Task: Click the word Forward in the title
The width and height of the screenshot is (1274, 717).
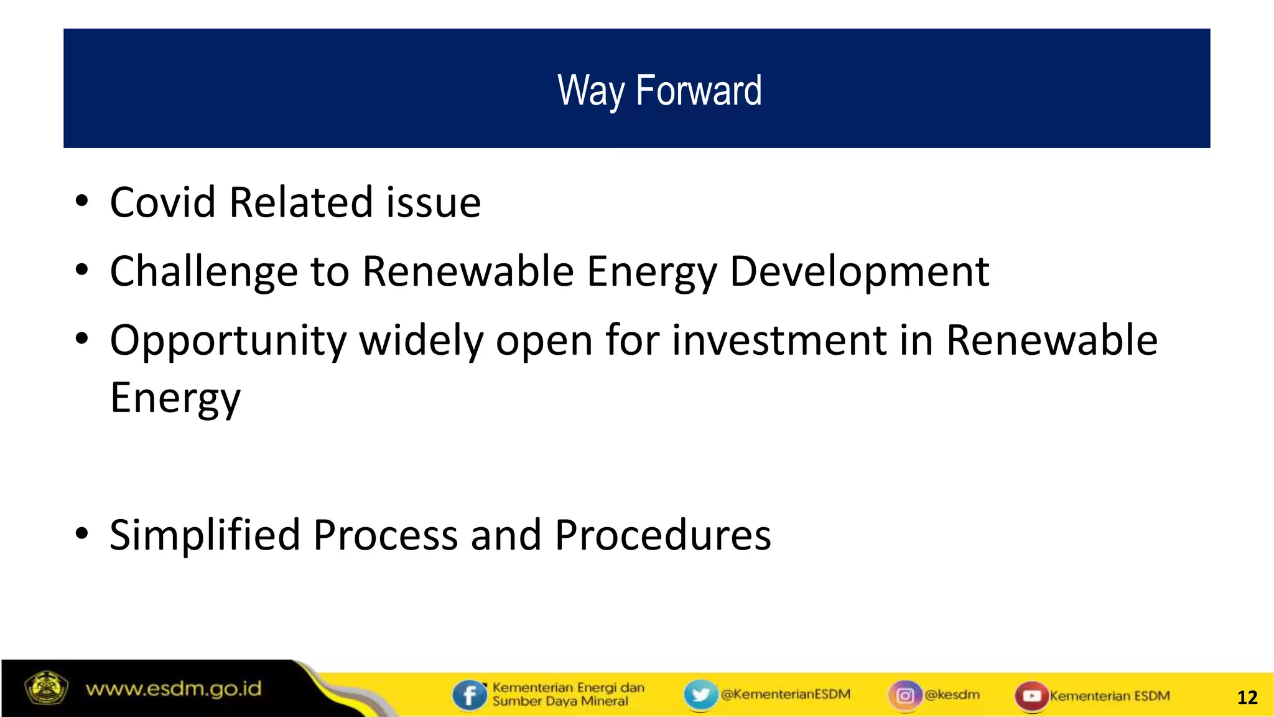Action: [698, 91]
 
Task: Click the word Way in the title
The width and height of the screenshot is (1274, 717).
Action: [590, 91]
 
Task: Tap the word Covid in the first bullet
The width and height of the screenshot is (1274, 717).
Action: [163, 203]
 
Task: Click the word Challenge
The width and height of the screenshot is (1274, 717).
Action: [203, 272]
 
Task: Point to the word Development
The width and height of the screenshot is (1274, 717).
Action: [859, 272]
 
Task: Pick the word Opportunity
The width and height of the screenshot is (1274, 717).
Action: [228, 341]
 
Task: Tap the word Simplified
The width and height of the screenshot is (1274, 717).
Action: [205, 535]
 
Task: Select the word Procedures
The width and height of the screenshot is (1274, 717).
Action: [663, 535]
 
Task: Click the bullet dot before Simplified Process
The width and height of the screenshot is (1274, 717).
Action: [81, 534]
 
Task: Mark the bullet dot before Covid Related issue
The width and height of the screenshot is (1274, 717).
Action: [81, 202]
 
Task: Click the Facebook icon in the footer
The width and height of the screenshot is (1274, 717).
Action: [469, 695]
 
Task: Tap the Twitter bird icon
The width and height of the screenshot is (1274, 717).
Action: [700, 695]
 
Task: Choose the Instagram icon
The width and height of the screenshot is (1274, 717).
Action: [905, 695]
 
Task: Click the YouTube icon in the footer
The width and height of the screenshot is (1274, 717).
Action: [1031, 695]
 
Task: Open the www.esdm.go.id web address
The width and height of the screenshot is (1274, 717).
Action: [174, 689]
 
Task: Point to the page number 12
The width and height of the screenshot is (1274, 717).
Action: [1247, 697]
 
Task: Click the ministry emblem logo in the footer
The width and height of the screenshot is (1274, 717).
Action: [45, 688]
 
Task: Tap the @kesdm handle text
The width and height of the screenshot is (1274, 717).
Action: [952, 695]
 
